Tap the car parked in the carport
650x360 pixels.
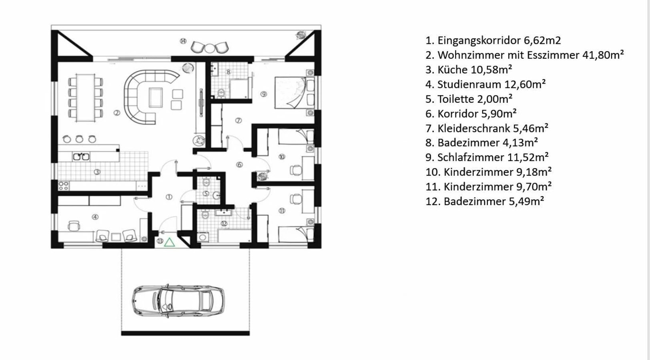[178, 301]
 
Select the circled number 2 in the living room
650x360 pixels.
[117, 113]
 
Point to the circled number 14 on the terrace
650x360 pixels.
[183, 41]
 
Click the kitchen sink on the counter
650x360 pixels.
[81, 157]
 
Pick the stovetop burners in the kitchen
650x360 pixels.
[64, 186]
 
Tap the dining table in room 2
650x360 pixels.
[85, 98]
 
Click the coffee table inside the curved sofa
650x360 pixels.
[156, 98]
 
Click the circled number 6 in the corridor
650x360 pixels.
[239, 165]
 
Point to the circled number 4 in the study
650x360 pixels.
[95, 217]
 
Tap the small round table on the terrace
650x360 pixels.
[209, 48]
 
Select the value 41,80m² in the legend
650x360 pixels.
[603, 55]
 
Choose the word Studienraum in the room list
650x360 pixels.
[469, 84]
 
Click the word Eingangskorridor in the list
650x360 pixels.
[479, 41]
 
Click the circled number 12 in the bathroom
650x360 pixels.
[224, 223]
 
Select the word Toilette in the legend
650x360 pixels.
[455, 99]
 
